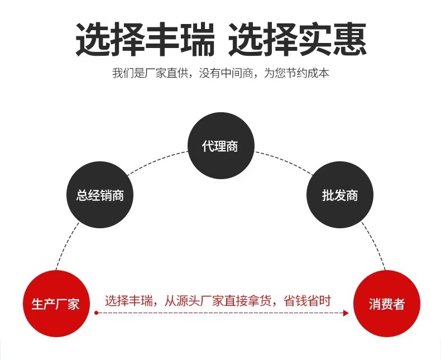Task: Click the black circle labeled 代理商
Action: coord(220,146)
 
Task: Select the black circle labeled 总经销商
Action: coord(100,195)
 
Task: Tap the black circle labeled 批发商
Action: coord(340,195)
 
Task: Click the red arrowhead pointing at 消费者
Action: coord(346,313)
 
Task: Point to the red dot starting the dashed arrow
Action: coord(96,313)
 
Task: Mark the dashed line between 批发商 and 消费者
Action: coord(372,246)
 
